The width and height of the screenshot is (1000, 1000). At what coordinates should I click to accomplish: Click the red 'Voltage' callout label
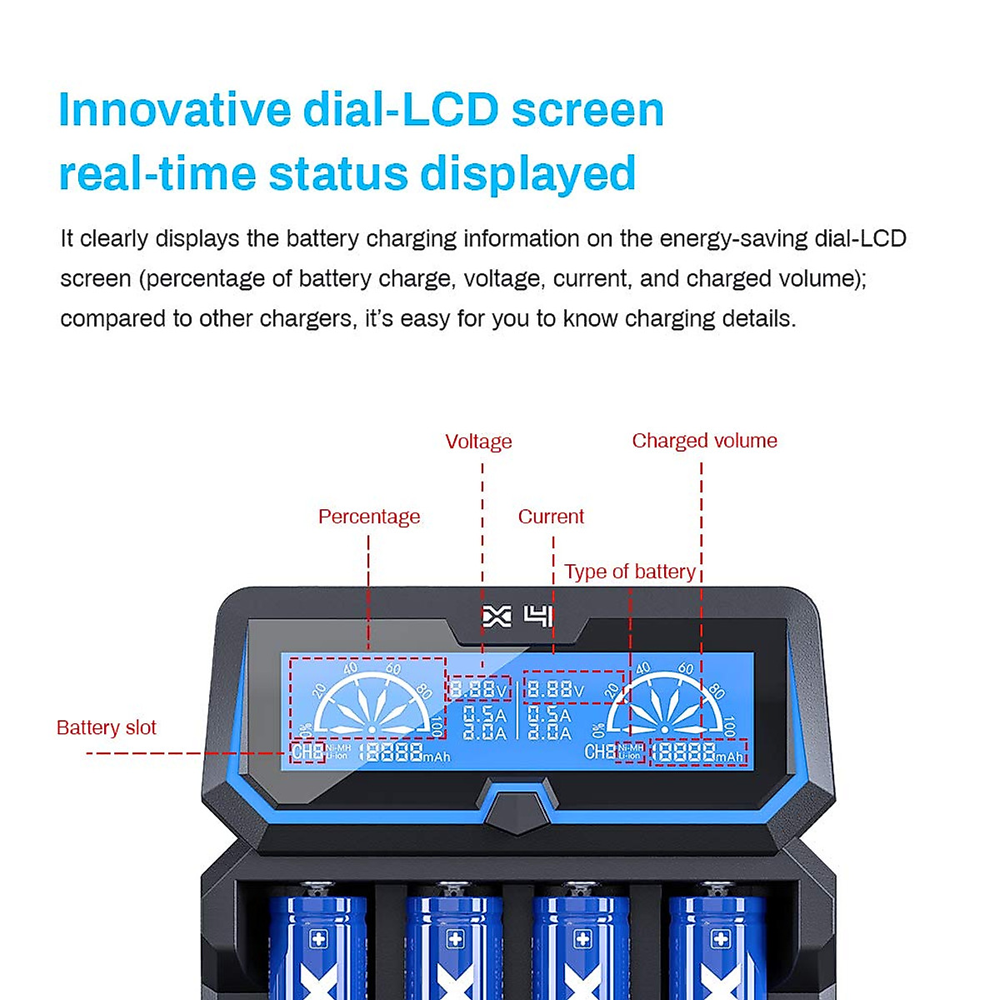point(478,442)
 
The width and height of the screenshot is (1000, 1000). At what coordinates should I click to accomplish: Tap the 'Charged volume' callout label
point(704,441)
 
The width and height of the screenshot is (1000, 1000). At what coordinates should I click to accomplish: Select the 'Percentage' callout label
point(369,517)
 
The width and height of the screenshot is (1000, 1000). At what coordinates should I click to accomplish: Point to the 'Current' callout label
point(551,517)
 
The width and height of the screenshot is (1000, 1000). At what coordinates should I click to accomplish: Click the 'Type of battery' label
point(629,572)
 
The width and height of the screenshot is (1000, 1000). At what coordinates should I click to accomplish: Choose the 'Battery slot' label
point(107,727)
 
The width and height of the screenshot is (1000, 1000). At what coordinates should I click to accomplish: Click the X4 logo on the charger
point(517,617)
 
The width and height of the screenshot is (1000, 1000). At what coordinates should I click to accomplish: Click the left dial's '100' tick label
point(436,725)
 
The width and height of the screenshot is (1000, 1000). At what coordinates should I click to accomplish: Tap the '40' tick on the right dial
point(643,668)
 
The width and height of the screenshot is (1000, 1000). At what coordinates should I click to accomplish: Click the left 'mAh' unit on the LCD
point(437,757)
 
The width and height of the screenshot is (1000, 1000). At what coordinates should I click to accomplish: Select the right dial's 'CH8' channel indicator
point(599,752)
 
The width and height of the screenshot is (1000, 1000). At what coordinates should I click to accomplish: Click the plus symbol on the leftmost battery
point(319,939)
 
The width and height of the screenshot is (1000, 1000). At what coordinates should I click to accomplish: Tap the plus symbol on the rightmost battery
point(720,939)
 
